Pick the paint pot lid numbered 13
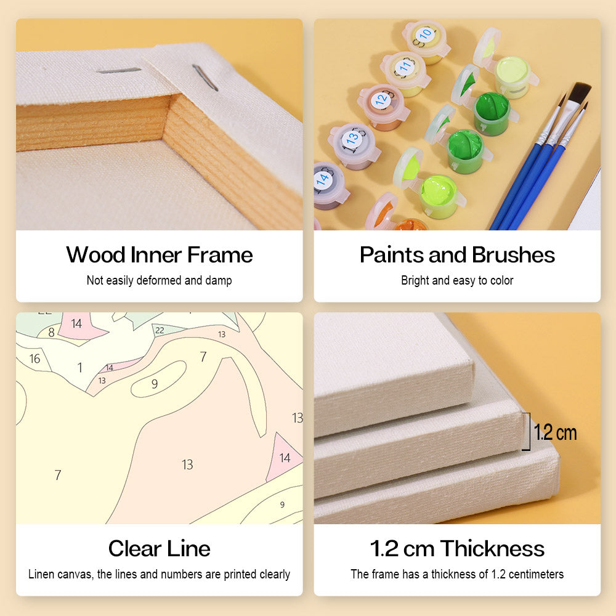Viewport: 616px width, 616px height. click(x=352, y=139)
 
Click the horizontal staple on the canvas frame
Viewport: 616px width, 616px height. click(x=119, y=71)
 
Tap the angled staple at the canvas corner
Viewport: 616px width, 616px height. click(x=205, y=78)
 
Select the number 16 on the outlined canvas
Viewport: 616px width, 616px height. click(x=34, y=359)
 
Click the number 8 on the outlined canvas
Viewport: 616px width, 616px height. click(x=51, y=333)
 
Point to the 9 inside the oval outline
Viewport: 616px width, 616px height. click(x=155, y=384)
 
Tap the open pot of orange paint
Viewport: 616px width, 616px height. click(x=408, y=225)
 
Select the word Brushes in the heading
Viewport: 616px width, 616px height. click(x=514, y=254)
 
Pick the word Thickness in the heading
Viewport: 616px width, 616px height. click(x=492, y=548)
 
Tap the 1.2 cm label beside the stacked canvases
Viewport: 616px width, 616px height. click(x=555, y=432)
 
